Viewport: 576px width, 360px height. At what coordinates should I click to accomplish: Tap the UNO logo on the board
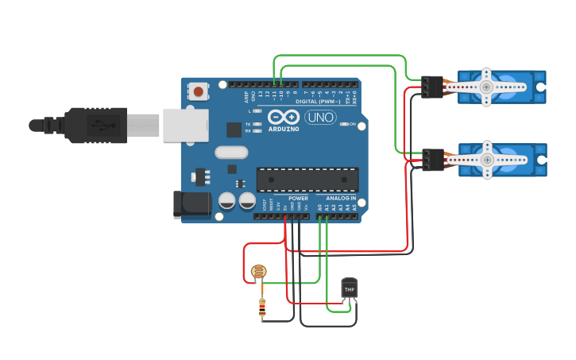tap(320, 118)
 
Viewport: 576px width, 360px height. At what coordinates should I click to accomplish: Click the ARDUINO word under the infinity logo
tap(283, 128)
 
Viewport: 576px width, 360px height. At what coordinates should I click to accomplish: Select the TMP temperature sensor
tap(350, 288)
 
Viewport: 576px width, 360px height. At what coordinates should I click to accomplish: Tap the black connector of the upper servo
tap(432, 87)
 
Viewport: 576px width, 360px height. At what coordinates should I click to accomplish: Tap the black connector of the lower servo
tap(432, 160)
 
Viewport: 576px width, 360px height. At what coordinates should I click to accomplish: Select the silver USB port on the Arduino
tap(185, 126)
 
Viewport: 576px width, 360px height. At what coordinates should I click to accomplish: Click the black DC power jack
tap(192, 204)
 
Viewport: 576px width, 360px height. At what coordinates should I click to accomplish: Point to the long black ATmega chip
tap(307, 180)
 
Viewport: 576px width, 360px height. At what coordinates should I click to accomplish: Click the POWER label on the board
tap(298, 198)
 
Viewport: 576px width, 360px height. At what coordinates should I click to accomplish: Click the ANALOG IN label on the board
tap(342, 198)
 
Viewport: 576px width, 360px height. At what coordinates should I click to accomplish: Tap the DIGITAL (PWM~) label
tap(317, 102)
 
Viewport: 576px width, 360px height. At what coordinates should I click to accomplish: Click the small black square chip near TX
tap(234, 130)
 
